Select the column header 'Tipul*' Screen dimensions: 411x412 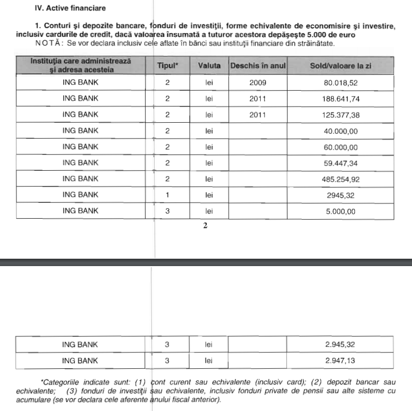[x=168, y=65]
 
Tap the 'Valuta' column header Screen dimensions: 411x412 [x=209, y=65]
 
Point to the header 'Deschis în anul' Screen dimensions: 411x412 [x=257, y=65]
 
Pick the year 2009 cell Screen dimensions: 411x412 [x=257, y=83]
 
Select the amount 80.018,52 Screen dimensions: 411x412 [x=340, y=83]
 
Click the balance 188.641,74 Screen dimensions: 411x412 [x=340, y=99]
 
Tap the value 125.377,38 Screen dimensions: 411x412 [x=340, y=114]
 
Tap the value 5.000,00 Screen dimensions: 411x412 [x=340, y=211]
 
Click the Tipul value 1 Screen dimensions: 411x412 [x=167, y=195]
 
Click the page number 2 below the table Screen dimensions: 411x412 [x=206, y=226]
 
